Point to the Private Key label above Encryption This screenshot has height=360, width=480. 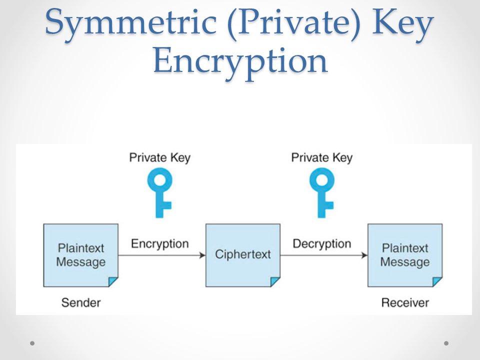[160, 158]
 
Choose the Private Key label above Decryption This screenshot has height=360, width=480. [321, 158]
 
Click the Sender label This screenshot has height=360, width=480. [81, 302]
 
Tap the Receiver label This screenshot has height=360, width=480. [405, 302]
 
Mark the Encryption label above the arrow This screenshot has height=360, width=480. [160, 244]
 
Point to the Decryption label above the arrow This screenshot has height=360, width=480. [321, 244]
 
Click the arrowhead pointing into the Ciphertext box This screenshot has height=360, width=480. [202, 255]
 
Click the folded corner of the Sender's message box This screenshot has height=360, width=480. [113, 281]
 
